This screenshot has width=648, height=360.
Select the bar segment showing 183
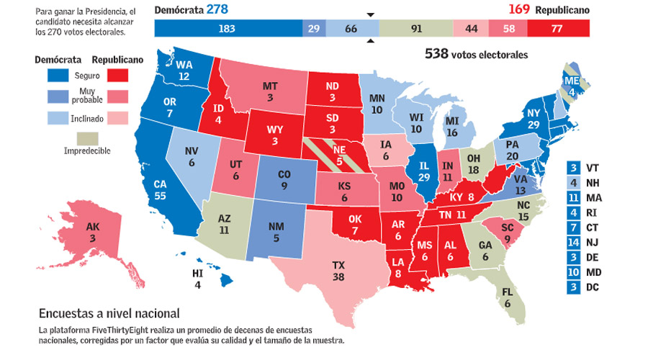(228, 29)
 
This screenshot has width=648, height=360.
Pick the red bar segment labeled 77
(558, 29)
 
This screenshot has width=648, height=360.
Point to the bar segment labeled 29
(313, 29)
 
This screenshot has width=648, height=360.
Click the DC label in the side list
(593, 288)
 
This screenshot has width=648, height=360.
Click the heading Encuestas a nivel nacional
(109, 313)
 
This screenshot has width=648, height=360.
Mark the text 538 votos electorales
(476, 54)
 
